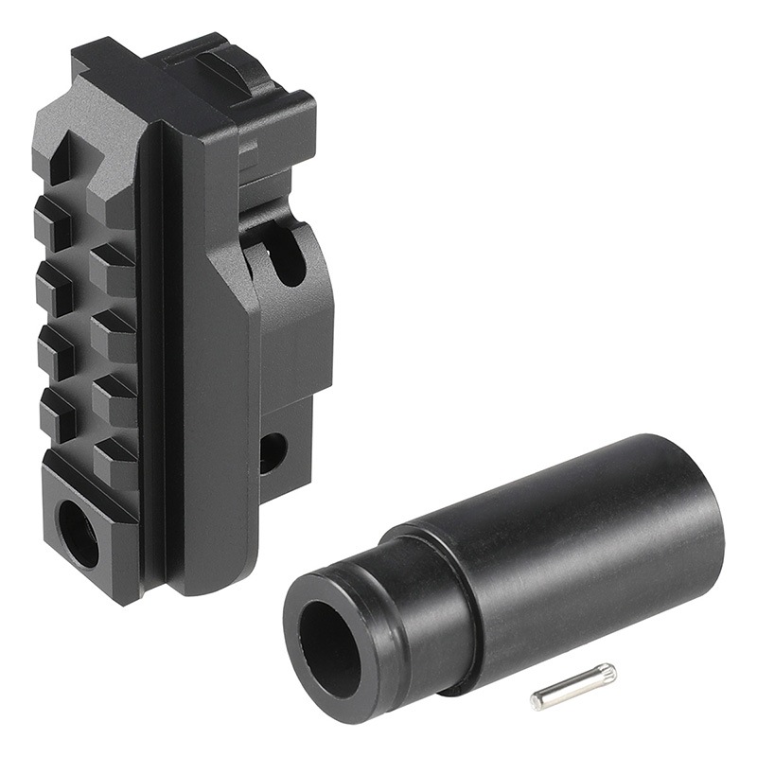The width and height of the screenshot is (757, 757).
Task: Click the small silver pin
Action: (x=572, y=687)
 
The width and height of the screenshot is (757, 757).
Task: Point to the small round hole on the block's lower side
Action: (x=272, y=452)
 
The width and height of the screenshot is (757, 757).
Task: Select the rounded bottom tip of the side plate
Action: (x=203, y=577)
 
